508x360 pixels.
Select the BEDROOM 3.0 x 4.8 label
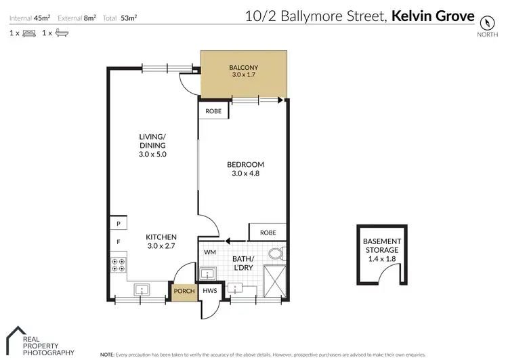(x=245, y=169)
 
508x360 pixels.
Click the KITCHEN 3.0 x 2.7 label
(x=161, y=241)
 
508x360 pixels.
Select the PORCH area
(x=184, y=292)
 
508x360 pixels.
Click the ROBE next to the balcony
(x=213, y=111)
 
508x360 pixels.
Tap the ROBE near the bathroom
(x=268, y=233)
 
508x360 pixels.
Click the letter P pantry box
(x=117, y=224)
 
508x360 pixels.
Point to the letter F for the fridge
(x=117, y=241)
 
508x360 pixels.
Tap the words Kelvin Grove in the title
(x=433, y=15)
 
